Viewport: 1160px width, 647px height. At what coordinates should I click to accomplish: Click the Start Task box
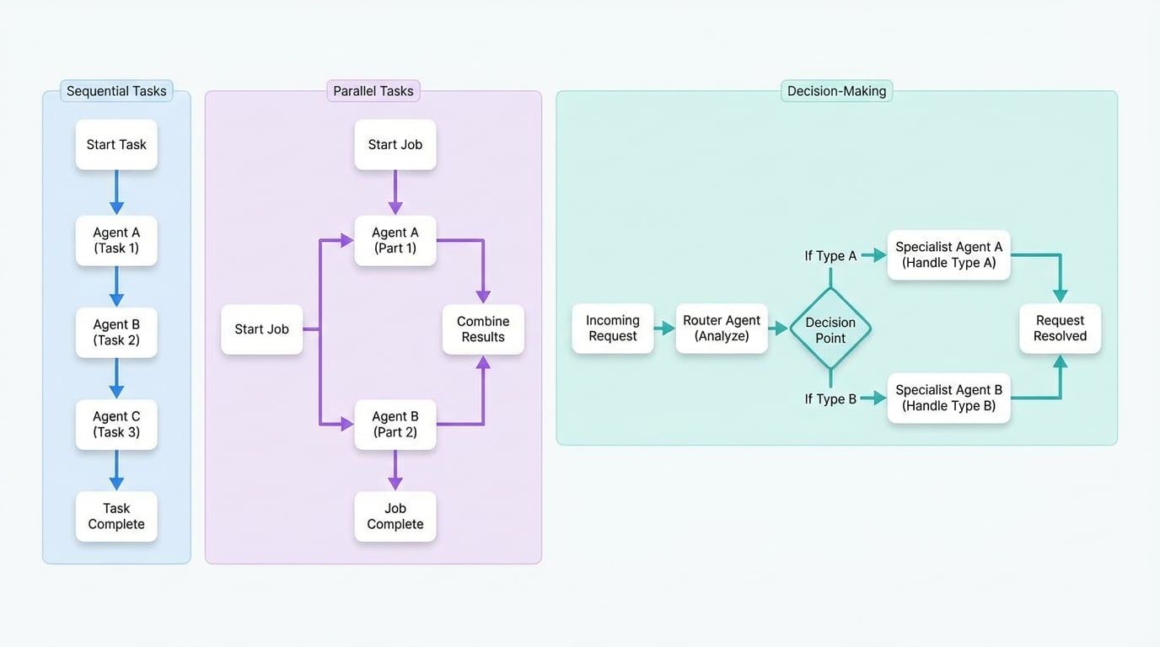point(116,145)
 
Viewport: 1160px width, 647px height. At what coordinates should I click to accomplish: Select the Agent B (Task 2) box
point(116,333)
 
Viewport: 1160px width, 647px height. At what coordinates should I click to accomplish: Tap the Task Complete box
point(116,516)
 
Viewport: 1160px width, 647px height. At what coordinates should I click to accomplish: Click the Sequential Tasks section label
point(116,91)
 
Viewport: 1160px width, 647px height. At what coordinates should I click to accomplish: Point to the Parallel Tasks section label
point(373,91)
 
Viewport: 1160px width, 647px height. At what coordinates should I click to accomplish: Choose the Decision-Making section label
point(836,91)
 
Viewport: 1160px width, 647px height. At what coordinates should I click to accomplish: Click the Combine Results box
point(483,329)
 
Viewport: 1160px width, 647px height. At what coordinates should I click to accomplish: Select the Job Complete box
point(395,516)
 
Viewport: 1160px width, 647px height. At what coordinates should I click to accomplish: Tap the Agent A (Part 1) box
point(395,241)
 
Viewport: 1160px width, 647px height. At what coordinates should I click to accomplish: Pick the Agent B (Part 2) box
point(395,425)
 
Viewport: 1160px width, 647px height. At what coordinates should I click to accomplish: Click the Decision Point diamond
point(830,329)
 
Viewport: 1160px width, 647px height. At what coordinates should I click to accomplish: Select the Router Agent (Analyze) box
point(722,329)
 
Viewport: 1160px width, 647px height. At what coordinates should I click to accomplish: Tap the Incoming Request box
point(613,329)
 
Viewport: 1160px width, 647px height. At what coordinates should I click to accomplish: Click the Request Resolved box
point(1060,329)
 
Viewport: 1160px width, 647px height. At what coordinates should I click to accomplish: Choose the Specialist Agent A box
point(948,255)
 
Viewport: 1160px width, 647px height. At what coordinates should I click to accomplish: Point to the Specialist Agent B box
point(948,398)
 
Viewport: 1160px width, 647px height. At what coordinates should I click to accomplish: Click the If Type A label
point(830,256)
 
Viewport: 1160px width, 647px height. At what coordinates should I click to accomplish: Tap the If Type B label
point(830,399)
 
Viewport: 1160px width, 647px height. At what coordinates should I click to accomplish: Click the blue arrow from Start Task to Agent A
point(116,193)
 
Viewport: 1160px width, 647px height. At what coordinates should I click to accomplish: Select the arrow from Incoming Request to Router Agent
point(664,329)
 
